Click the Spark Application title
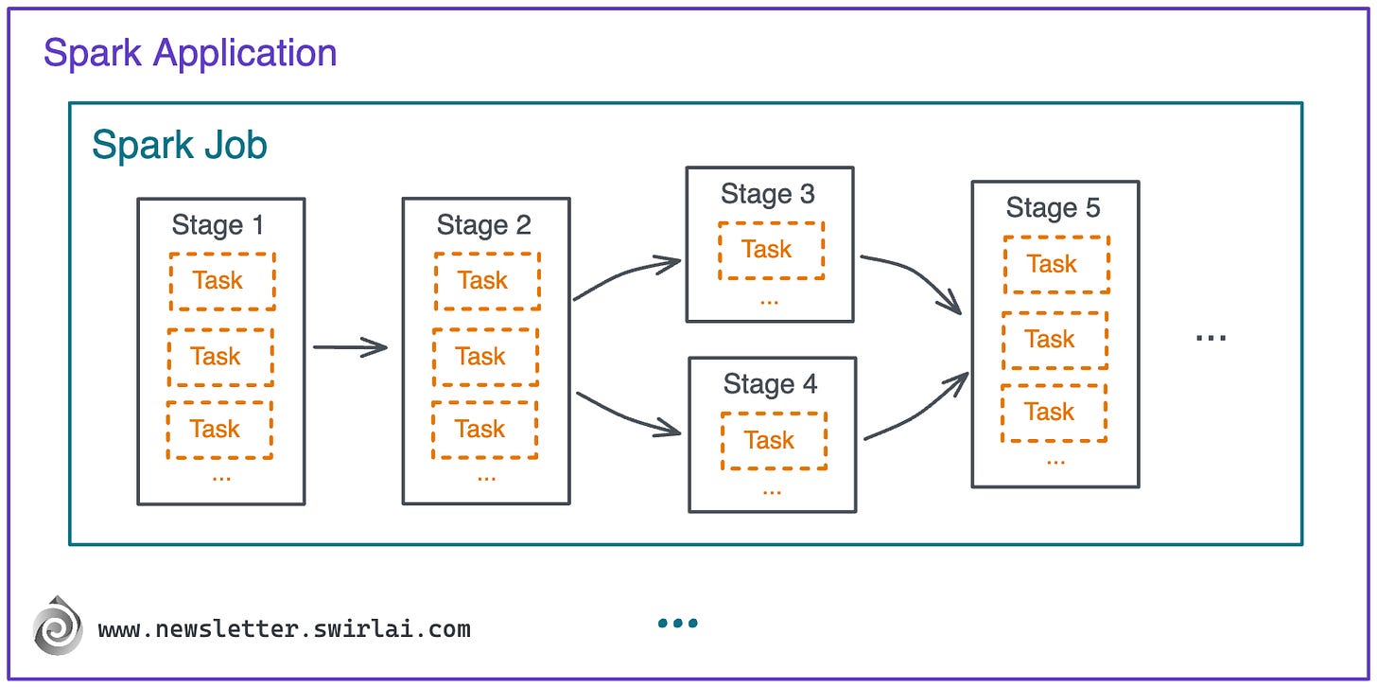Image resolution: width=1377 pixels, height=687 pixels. coord(190,53)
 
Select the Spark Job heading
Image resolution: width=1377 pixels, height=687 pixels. coord(180,146)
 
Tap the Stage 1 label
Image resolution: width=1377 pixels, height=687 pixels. coord(218,225)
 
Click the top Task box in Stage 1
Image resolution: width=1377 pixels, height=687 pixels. coord(222,281)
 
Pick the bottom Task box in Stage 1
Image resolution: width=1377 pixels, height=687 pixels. coord(219,430)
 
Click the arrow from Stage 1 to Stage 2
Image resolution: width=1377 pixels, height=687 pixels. coord(350,347)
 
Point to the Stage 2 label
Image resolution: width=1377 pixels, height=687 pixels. coord(483,225)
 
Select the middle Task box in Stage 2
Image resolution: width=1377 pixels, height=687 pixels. coord(485,357)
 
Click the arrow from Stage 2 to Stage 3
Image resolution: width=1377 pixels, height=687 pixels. coord(626,276)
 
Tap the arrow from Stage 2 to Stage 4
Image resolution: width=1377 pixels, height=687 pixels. coord(627,416)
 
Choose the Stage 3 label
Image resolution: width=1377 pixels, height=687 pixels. coord(768,194)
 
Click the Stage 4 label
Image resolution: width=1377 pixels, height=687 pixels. coord(770,384)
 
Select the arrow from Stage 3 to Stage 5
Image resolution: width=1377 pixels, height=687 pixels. coord(914,277)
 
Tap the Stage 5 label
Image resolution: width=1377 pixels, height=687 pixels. coord(1053,208)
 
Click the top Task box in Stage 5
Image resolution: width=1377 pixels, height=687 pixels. coord(1056,264)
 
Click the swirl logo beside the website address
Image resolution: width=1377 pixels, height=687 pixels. coord(59,626)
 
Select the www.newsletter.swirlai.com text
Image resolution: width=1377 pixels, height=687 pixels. coord(284,629)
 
